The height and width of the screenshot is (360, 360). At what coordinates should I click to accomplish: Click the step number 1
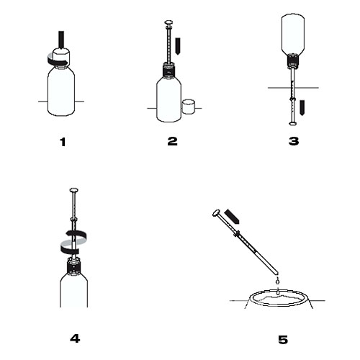[63, 142]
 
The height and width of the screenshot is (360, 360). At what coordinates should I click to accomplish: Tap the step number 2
[172, 141]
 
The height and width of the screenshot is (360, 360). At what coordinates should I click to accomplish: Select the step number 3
[294, 141]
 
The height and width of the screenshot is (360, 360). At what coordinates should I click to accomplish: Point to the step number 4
[75, 338]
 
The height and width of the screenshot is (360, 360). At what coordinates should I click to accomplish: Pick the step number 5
[283, 340]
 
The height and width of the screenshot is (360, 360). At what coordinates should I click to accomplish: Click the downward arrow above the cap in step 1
[62, 40]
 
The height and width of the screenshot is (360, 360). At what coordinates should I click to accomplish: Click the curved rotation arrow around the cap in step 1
[58, 60]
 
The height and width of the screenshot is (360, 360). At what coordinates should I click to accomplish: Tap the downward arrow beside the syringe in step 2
[178, 46]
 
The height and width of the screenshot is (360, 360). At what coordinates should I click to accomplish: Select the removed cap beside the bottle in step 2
[189, 107]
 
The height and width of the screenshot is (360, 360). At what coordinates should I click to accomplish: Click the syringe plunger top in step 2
[169, 23]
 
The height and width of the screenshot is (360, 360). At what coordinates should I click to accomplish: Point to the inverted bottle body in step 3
[293, 34]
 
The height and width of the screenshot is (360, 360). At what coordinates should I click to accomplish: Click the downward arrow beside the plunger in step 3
[302, 108]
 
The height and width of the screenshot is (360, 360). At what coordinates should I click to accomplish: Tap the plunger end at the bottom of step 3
[293, 123]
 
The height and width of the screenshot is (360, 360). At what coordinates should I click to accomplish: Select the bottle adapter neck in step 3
[293, 60]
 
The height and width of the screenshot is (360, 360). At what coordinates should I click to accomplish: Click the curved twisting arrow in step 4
[73, 242]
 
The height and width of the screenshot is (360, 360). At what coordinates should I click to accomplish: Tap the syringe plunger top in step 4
[74, 191]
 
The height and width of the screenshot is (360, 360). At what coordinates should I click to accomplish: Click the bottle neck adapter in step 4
[73, 266]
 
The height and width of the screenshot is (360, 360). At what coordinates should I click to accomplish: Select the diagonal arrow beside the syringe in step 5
[233, 217]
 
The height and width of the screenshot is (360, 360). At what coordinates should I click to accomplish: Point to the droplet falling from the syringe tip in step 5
[278, 280]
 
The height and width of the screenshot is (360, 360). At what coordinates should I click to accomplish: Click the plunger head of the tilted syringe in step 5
[216, 213]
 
